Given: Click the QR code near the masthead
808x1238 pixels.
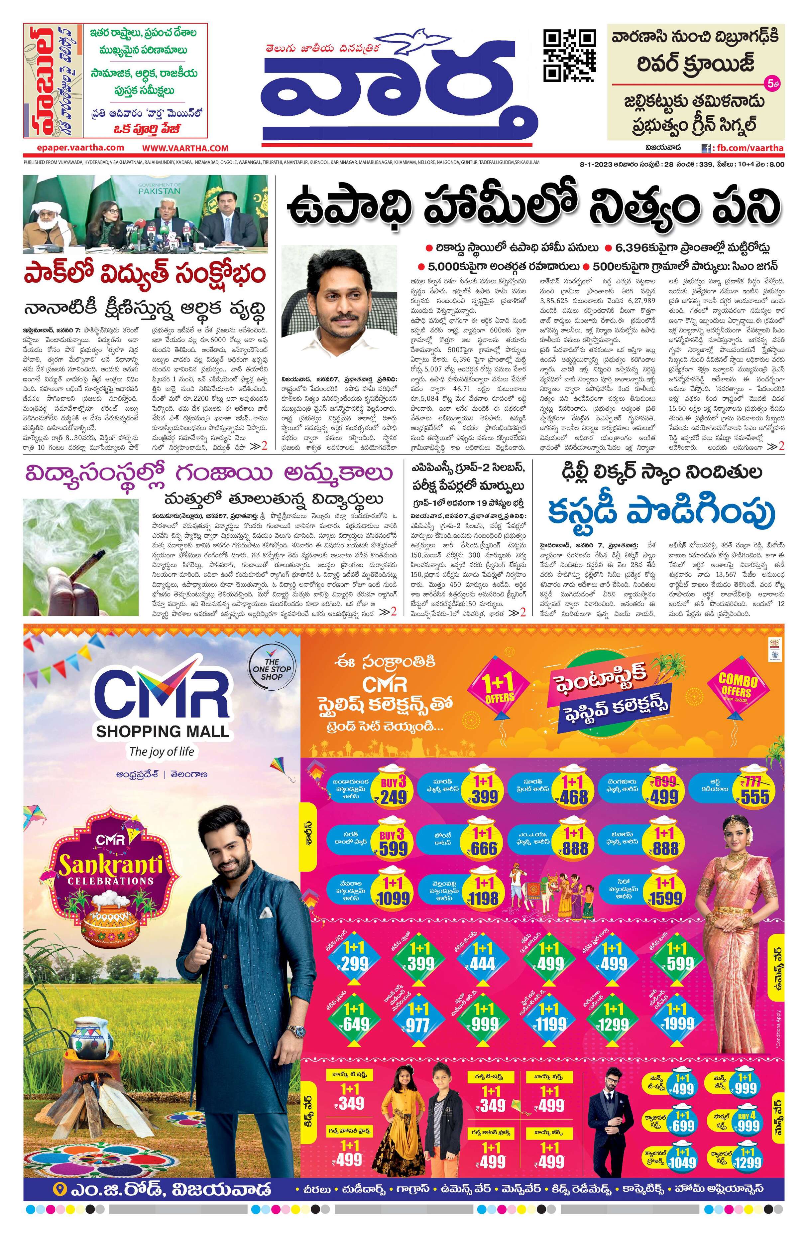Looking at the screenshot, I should (x=569, y=55).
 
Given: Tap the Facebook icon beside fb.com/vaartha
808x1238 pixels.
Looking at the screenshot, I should (x=706, y=148).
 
